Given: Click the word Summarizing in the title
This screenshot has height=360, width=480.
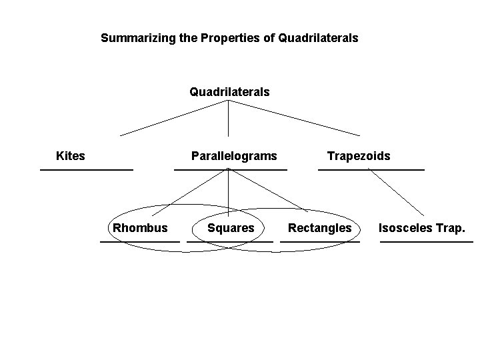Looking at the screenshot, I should (x=139, y=38).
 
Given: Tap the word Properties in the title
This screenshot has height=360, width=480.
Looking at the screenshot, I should (x=229, y=38).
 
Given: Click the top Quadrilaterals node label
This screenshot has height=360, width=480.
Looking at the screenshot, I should (x=229, y=91).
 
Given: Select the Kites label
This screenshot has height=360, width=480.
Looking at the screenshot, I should (x=71, y=156).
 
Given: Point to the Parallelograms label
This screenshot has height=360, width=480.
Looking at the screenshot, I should (x=233, y=156).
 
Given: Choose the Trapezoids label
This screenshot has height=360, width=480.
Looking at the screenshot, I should (x=359, y=156).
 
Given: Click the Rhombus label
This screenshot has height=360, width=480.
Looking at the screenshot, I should (x=140, y=228).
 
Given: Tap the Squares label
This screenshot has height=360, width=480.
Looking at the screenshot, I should (x=231, y=228).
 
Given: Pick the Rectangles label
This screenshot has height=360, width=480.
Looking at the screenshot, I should (x=319, y=228).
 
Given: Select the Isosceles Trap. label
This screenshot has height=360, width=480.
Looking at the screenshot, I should (x=422, y=228).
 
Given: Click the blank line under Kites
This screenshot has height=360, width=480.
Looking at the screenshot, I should (x=87, y=170).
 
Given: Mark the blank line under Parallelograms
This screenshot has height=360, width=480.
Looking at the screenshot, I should (x=231, y=170).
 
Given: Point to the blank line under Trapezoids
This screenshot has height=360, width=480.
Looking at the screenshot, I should (x=371, y=170).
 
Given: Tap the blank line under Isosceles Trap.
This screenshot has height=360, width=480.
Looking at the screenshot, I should (x=427, y=241).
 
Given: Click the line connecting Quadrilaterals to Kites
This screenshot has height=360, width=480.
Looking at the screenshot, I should (x=175, y=118).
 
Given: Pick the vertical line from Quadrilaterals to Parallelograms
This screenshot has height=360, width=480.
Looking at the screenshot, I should (x=229, y=119).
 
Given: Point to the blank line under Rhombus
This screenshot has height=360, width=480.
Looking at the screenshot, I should (x=140, y=241).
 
